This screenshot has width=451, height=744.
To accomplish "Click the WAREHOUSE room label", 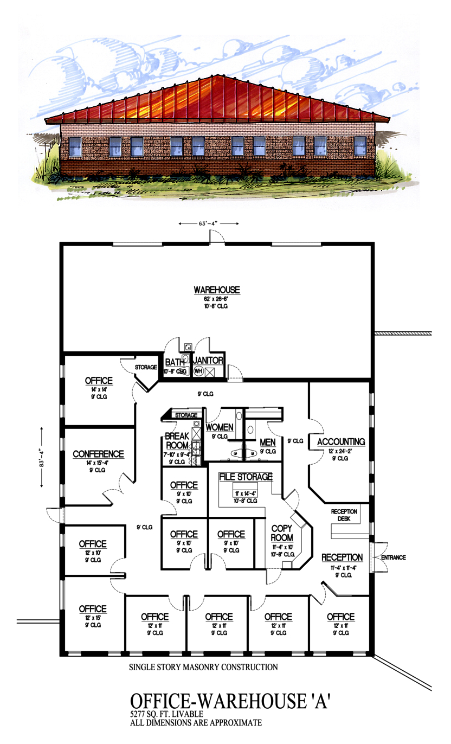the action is pos(217,290).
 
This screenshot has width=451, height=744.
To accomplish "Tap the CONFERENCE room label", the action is pos(98,454).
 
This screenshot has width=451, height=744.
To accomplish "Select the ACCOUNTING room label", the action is pos(341,442).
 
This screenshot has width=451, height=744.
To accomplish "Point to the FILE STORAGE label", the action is pos(246,477).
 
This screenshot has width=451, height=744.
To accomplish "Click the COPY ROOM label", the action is pos(282,533).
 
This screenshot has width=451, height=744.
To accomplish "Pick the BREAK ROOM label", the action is pos(177,440).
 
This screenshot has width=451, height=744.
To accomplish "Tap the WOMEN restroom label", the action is pos(220,427).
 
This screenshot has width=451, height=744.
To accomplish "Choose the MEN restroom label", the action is pos(268,442).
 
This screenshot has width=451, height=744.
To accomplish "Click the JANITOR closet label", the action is pos(208,361).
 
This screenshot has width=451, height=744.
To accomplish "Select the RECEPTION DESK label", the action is pos(344,515).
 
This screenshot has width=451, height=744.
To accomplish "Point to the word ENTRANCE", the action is pos(394,557).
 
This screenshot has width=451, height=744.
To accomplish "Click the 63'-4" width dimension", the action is pos(208,223).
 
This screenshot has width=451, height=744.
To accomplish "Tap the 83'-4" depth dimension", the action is pos(42,457).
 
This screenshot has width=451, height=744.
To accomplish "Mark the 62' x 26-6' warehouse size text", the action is pos(216,299).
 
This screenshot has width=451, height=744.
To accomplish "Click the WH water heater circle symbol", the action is pos(198,371).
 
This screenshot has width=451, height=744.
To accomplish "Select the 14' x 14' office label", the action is pos(99,389).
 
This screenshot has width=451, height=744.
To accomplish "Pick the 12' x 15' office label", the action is pos(93,618).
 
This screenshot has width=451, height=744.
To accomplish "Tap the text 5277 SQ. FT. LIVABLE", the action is pos(166,714).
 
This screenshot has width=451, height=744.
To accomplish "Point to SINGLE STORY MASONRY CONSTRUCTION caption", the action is pos(203,667).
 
